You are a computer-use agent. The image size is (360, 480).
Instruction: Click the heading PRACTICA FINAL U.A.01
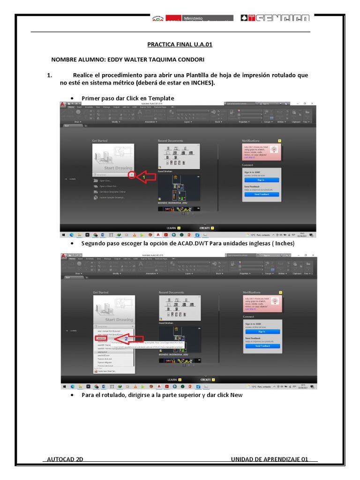180,45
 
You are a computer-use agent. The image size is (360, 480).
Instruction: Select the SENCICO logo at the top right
275,18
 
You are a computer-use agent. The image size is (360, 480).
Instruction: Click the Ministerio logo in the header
192,18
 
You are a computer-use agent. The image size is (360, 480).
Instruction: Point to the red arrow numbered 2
124,338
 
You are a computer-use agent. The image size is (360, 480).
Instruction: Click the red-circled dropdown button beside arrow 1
132,174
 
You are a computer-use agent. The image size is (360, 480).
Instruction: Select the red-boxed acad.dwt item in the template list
101,337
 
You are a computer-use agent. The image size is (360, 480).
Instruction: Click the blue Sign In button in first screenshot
261,180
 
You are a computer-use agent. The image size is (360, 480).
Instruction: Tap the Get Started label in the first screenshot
100,141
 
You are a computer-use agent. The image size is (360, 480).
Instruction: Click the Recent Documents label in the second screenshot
172,292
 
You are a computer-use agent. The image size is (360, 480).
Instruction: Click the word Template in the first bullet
159,98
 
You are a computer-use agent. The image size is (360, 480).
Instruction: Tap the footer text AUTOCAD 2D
65,459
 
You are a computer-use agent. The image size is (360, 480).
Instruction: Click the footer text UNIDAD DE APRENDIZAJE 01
270,459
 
